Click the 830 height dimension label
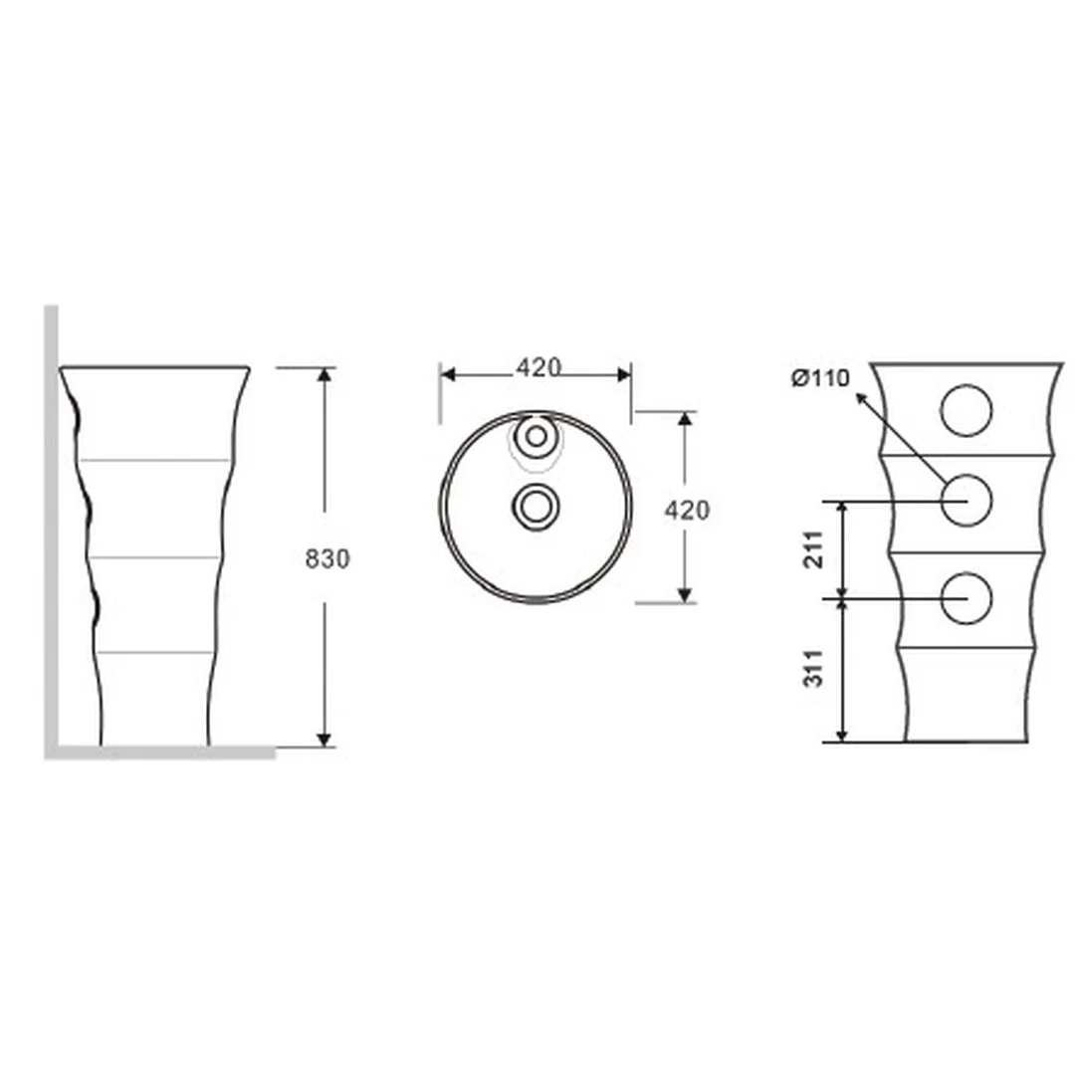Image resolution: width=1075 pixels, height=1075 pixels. [327, 558]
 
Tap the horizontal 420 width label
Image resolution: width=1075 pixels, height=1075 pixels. [538, 367]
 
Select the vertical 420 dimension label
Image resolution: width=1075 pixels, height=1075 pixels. [687, 510]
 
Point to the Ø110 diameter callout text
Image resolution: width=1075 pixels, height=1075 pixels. [820, 378]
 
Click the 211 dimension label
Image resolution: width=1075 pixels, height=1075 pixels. [813, 549]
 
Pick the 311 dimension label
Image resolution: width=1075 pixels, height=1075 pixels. [813, 669]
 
